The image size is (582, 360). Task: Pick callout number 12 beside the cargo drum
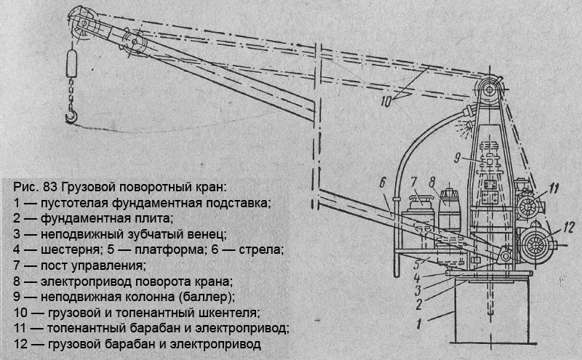[570, 228]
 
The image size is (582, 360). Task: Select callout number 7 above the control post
[414, 180]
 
